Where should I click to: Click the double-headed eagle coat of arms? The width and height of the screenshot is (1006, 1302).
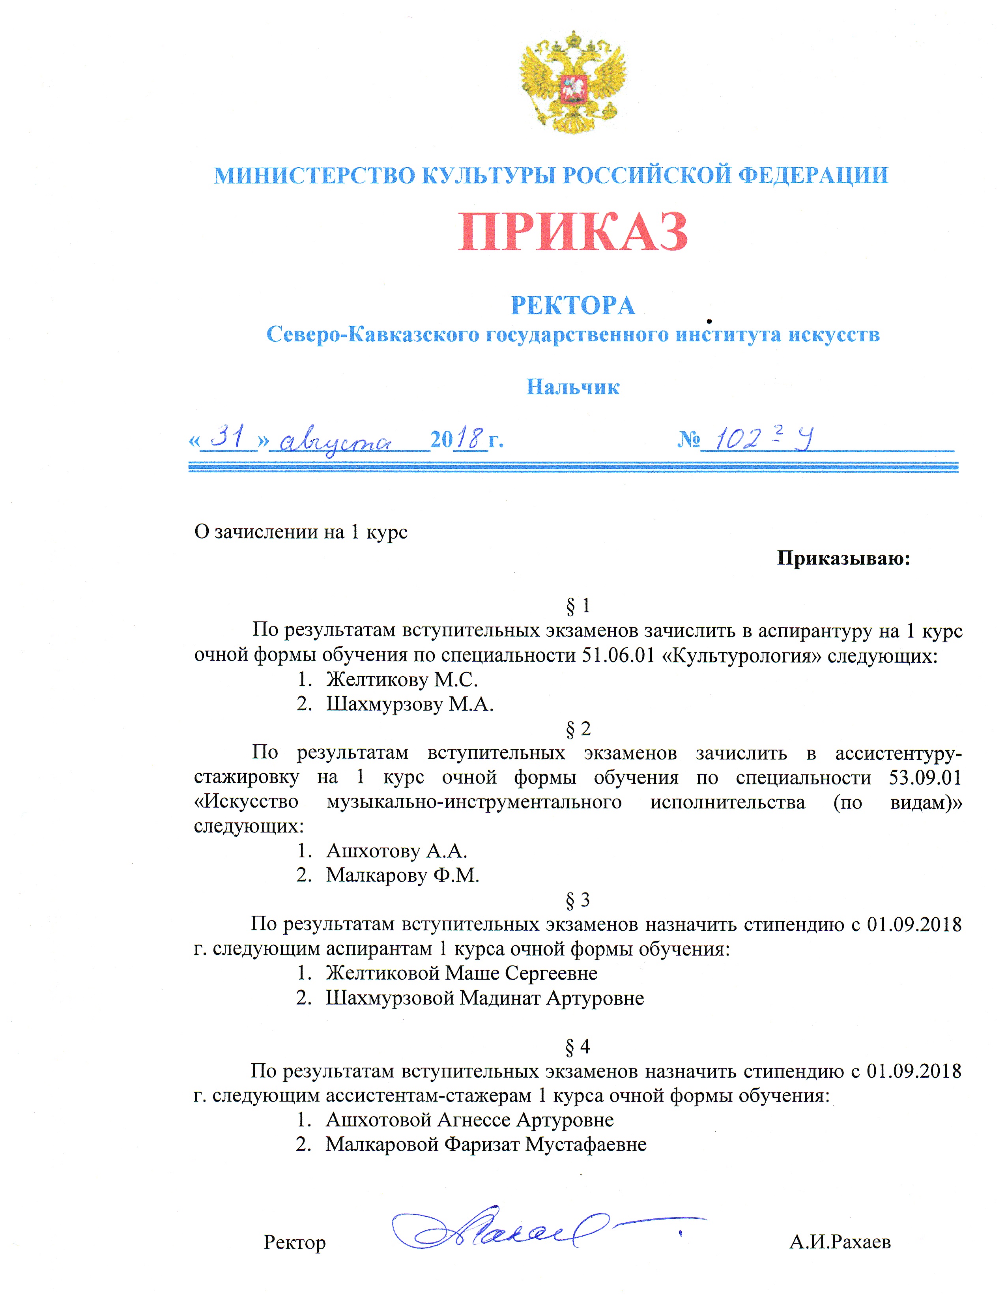[x=573, y=82]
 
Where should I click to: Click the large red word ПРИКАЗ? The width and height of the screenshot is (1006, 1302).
[x=573, y=232]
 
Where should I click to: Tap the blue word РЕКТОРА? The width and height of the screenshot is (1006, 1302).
[x=573, y=305]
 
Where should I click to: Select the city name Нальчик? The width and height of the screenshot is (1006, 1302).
[x=573, y=387]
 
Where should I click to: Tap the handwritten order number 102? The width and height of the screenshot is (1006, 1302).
[x=737, y=440]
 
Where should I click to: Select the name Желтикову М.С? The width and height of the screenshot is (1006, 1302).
[x=402, y=680]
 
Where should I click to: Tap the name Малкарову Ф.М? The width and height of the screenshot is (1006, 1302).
[x=402, y=875]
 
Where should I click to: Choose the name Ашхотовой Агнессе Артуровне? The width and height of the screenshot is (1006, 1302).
[x=469, y=1120]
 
